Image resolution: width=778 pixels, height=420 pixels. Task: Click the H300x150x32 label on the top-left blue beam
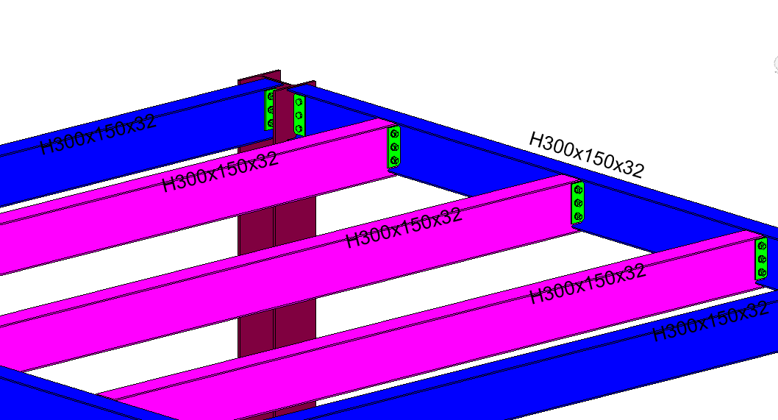click(99, 135)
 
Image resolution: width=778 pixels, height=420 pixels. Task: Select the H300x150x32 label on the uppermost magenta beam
click(220, 172)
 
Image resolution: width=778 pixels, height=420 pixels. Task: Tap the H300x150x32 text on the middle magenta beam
click(404, 227)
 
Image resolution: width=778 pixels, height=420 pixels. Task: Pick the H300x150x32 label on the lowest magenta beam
click(588, 283)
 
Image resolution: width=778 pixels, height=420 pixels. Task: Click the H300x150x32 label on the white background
click(586, 155)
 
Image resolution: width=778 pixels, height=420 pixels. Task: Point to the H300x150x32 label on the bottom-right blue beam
click(710, 321)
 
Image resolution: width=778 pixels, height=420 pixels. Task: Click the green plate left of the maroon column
click(269, 110)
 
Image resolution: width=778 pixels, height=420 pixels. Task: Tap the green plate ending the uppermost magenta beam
click(395, 147)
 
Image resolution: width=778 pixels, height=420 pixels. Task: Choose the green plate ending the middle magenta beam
click(578, 203)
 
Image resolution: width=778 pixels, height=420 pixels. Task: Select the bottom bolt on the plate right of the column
click(299, 129)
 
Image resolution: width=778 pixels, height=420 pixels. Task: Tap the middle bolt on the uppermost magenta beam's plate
click(395, 147)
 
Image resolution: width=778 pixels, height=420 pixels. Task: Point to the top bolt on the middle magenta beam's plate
click(579, 190)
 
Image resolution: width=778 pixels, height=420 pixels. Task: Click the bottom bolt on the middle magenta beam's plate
click(578, 216)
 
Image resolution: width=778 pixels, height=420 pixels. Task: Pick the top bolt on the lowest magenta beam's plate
click(762, 246)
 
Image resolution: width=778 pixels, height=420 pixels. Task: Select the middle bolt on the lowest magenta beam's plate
click(762, 259)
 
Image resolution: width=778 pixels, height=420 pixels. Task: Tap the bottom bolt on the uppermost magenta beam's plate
click(395, 160)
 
